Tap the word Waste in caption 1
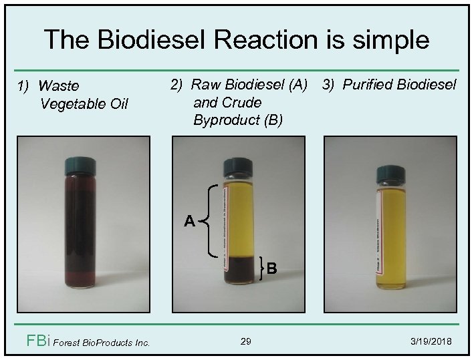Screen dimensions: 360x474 pos(59,86)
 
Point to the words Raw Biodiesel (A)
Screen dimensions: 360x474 pos(249,85)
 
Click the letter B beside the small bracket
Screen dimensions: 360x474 pos(272,270)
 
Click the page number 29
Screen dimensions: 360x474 pos(245,341)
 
